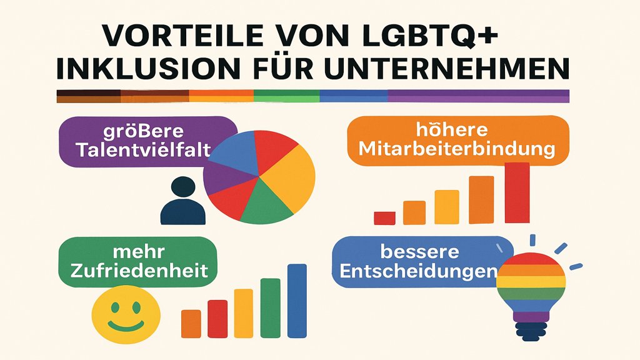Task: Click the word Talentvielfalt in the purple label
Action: [142, 150]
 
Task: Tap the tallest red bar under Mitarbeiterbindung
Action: [517, 192]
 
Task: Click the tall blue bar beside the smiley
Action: [297, 301]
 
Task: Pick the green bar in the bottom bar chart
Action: [270, 307]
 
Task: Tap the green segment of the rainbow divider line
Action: [286, 96]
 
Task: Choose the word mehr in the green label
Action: [138, 252]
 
